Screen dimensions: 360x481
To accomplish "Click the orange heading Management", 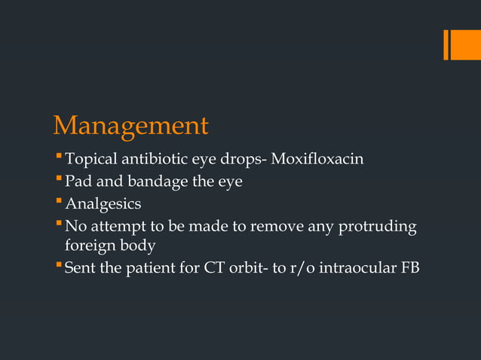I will (x=130, y=125).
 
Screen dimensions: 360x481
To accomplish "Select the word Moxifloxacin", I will (x=317, y=160).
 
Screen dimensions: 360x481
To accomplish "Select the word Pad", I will (x=78, y=182).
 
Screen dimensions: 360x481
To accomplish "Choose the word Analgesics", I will (x=103, y=204).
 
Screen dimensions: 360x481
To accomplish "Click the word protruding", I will (x=376, y=226).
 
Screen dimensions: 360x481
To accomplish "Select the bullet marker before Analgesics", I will (x=59, y=203).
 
